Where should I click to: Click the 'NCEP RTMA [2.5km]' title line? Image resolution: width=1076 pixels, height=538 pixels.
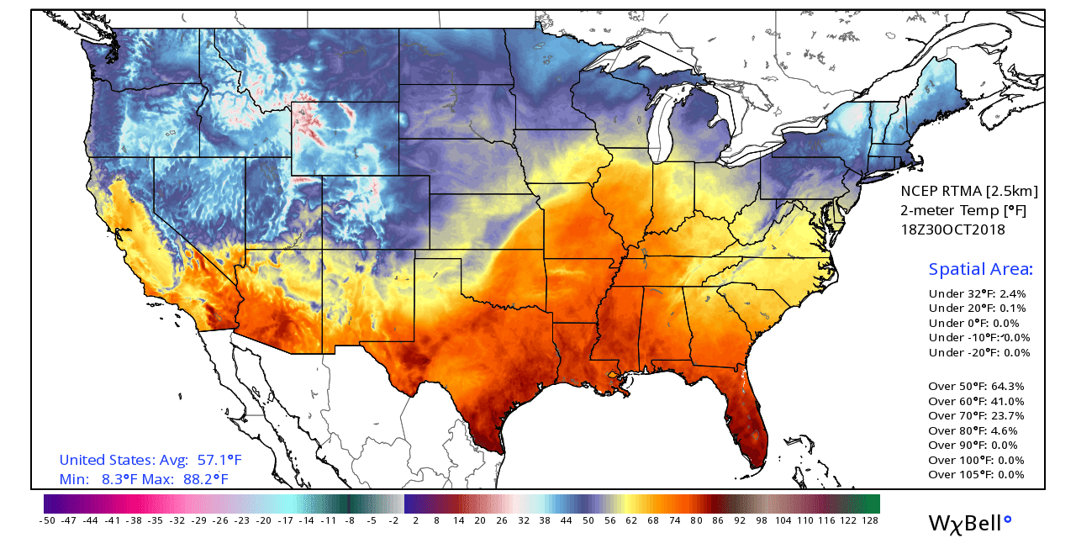click(969, 191)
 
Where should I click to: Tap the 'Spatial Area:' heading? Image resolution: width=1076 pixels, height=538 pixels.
click(980, 269)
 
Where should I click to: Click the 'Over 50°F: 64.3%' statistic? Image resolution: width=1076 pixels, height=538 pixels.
click(976, 386)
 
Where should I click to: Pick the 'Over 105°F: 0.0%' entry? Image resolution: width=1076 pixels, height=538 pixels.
click(976, 474)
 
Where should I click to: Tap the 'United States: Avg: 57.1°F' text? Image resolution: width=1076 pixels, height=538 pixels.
click(150, 460)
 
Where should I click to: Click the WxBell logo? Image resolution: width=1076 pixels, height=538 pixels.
click(969, 522)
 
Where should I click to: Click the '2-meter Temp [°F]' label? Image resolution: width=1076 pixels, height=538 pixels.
click(963, 210)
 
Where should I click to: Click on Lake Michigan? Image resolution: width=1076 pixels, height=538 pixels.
click(664, 126)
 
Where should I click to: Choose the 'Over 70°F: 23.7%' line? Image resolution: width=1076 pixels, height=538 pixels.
click(976, 415)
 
